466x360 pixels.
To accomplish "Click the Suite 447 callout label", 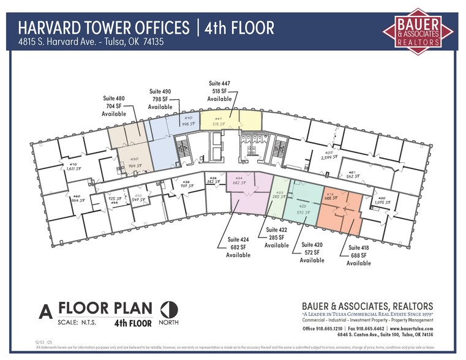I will (219, 91).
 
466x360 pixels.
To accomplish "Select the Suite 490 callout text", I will (160, 99).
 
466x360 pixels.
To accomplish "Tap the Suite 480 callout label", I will (114, 105).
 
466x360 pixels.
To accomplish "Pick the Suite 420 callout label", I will (312, 252).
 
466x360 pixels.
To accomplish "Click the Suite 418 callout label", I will (359, 255).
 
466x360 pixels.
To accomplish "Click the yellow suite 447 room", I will (231, 120).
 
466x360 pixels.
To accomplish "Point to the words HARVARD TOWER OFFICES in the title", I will (103, 28).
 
